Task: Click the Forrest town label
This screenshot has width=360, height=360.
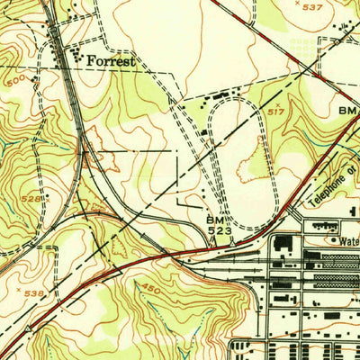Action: (112, 62)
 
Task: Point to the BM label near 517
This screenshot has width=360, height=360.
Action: (348, 110)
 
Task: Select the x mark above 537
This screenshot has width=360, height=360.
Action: (301, 3)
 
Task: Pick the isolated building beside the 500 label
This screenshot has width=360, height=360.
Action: (34, 81)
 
